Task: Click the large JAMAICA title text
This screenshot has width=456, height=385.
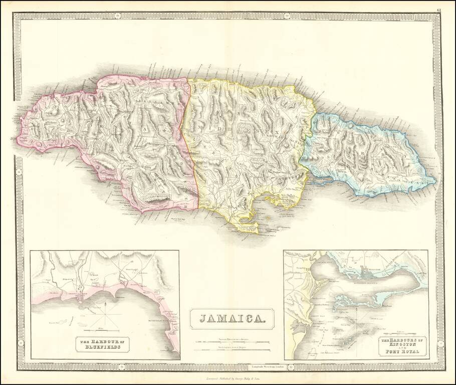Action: (x=232, y=318)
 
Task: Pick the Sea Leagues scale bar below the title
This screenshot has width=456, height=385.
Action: (x=232, y=349)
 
